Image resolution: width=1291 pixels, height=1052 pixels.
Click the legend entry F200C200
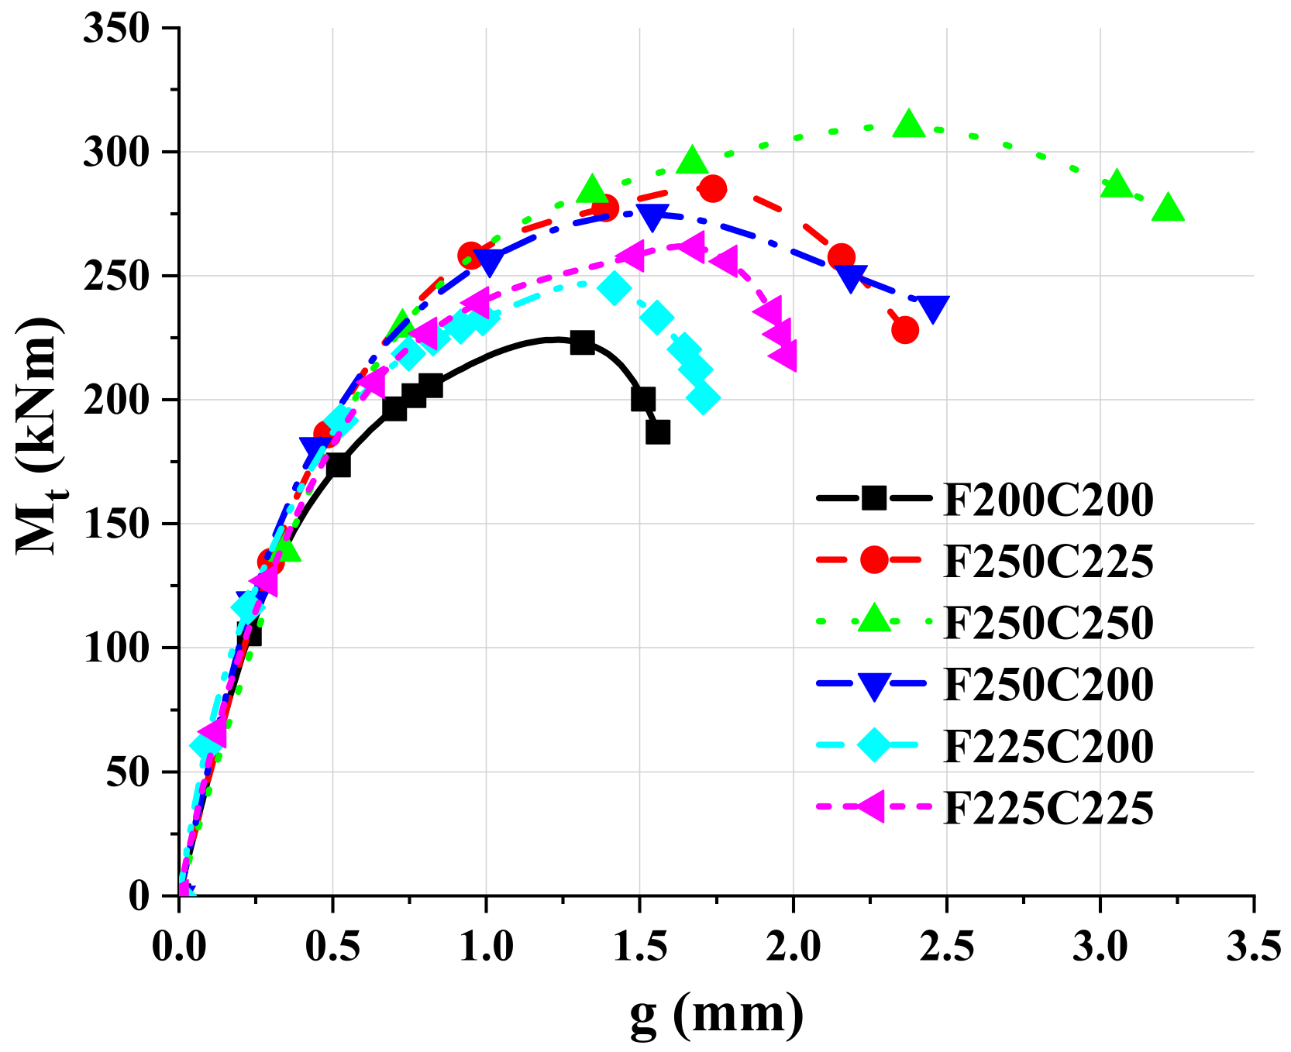pos(1048,500)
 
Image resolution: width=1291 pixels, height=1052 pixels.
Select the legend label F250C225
pos(1048,562)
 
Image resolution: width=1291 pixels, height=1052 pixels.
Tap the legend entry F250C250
pos(1048,623)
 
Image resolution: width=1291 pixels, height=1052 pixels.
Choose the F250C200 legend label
pos(1048,685)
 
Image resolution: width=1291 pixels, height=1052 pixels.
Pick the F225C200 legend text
pos(1048,747)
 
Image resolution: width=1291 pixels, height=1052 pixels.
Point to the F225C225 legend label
pos(1048,809)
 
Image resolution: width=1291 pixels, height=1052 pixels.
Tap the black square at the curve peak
pos(582,342)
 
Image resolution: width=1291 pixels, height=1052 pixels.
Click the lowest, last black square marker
pos(658,432)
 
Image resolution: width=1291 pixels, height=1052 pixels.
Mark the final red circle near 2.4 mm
pos(905,330)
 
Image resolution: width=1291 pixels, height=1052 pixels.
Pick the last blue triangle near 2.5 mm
pos(934,308)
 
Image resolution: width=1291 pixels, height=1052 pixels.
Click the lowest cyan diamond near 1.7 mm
pos(703,398)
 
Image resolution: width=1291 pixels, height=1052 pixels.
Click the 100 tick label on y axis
pos(116,648)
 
